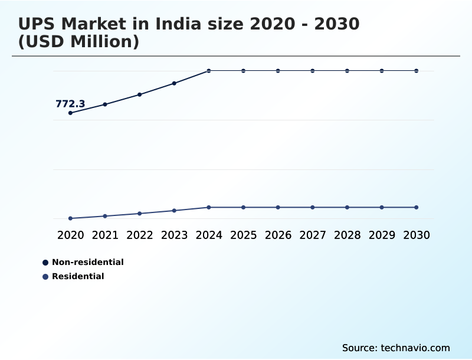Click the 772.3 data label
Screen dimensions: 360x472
(70, 104)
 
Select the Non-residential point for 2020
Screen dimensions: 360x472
(70, 113)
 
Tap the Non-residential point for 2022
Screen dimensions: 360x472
(140, 94)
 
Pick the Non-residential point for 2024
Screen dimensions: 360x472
(209, 71)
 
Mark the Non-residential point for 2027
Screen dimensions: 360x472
(313, 71)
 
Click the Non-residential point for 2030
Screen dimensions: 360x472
(417, 71)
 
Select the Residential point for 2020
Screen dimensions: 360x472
(70, 218)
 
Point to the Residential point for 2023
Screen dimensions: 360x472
(174, 211)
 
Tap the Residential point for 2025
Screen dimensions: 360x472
(243, 207)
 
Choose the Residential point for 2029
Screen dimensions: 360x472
(382, 207)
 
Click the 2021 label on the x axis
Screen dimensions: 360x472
(105, 235)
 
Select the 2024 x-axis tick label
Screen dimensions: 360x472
(209, 235)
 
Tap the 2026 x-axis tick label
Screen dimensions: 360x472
(278, 235)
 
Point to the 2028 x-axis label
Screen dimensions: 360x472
(347, 235)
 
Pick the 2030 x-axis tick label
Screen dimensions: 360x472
(417, 235)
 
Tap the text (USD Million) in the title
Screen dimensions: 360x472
(78, 42)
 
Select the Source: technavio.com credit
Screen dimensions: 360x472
(396, 348)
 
